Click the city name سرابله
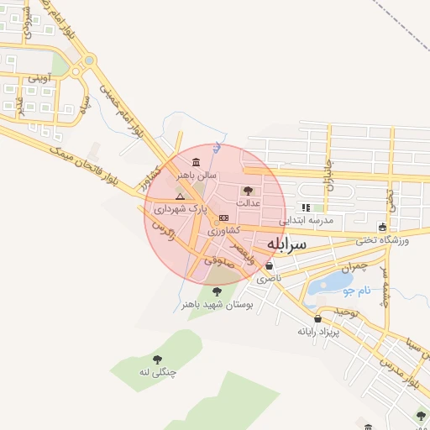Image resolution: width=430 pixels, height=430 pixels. pos(288,244)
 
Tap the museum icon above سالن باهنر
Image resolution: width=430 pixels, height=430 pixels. pos(196,162)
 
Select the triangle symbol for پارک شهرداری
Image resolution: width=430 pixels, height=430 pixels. pos(179,195)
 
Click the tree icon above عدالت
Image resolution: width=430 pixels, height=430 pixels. pos(248,191)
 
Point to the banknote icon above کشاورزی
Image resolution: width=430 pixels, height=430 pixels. pos(223,218)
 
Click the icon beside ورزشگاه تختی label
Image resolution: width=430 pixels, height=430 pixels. pos(383,227)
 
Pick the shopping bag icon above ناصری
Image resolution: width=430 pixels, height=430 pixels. pos(269,265)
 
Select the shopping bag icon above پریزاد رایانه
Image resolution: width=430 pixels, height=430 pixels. pos(317,318)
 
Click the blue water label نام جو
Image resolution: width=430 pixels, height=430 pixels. pos(356,291)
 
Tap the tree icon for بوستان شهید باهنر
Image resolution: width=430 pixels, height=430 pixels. pos(217,291)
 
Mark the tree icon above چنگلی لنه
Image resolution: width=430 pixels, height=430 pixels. pos(156,359)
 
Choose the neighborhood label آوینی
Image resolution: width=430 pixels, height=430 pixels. pos(39,78)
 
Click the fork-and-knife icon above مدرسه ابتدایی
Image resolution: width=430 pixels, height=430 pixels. pos(306,207)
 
